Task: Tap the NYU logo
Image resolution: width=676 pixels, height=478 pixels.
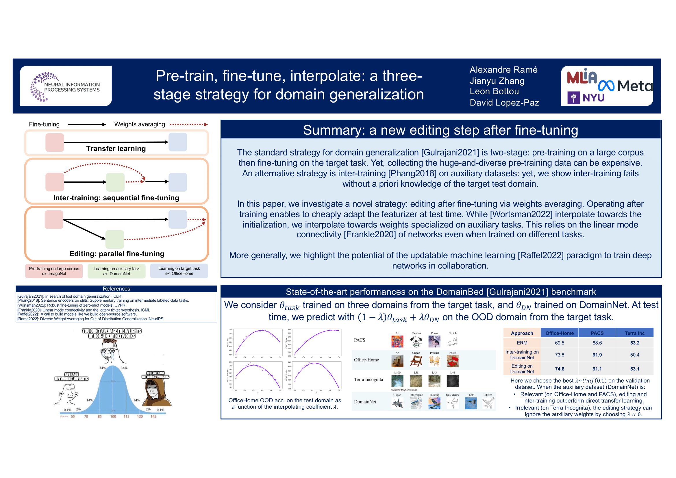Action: pyautogui.click(x=586, y=97)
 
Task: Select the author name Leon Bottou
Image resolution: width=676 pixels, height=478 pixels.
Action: pyautogui.click(x=494, y=91)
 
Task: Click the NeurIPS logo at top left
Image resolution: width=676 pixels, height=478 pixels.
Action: pyautogui.click(x=65, y=86)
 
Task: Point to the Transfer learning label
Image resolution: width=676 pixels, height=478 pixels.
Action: pyautogui.click(x=116, y=149)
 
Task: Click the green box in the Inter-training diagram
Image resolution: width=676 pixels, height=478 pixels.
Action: pyautogui.click(x=115, y=182)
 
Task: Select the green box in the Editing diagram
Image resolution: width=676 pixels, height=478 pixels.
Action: pyautogui.click(x=114, y=239)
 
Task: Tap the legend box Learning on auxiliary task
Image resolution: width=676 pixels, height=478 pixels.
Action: pyautogui.click(x=116, y=271)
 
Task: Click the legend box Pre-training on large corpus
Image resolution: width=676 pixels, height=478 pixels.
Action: pyautogui.click(x=54, y=271)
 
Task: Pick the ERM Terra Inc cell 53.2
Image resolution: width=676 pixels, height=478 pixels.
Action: pyautogui.click(x=634, y=343)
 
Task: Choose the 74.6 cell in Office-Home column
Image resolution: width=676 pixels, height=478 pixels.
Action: pyautogui.click(x=560, y=368)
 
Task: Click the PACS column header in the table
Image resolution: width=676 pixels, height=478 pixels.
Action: pyautogui.click(x=597, y=333)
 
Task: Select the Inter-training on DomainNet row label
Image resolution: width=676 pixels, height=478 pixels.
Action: pyautogui.click(x=522, y=355)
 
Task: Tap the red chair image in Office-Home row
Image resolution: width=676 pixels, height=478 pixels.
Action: pyautogui.click(x=453, y=361)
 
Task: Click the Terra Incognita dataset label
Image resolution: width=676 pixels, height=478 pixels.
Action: pyautogui.click(x=368, y=379)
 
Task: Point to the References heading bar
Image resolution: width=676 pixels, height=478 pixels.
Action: pyautogui.click(x=116, y=289)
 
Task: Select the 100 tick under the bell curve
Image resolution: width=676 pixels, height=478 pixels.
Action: pyautogui.click(x=113, y=416)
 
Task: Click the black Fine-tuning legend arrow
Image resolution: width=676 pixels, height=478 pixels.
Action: pyautogui.click(x=87, y=125)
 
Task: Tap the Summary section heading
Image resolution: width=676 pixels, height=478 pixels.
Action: pyautogui.click(x=440, y=130)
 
